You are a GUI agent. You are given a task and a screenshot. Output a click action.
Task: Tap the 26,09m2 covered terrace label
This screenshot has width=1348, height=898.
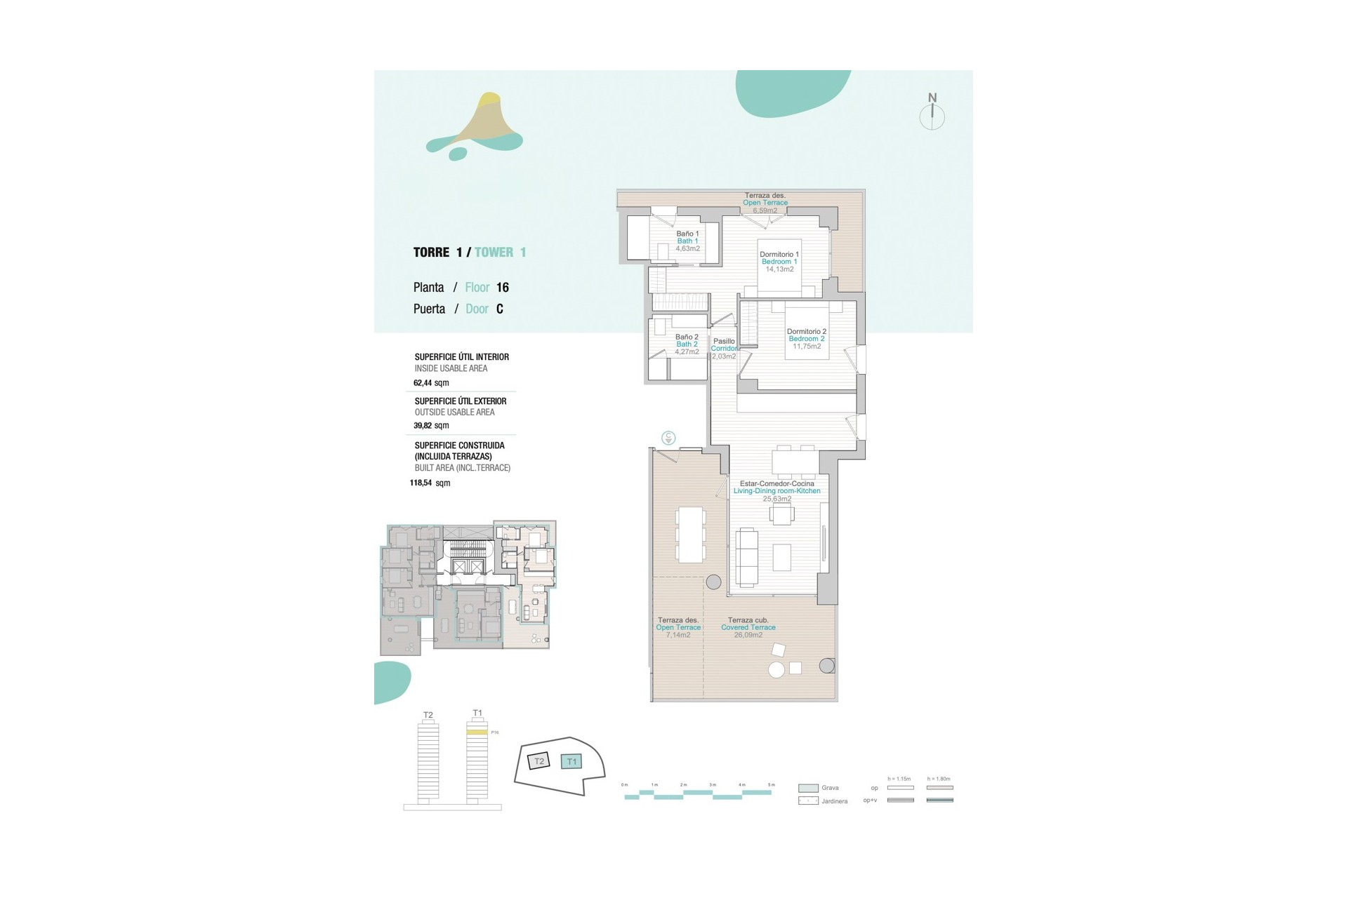[748, 635]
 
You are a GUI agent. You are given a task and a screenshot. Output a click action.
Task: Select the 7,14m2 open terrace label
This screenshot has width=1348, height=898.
[678, 635]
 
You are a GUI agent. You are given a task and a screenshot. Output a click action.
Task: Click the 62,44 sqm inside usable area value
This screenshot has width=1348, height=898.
[430, 383]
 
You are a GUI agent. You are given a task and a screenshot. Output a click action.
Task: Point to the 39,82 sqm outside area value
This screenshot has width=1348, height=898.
[430, 426]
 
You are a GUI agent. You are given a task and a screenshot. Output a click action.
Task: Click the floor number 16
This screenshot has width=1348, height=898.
[502, 288]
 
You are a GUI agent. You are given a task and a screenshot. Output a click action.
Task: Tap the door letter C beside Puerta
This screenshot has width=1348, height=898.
[499, 309]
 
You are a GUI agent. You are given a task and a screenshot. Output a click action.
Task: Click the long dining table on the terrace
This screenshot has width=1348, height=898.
[691, 534]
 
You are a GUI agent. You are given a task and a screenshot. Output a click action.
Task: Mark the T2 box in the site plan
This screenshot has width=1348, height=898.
[539, 761]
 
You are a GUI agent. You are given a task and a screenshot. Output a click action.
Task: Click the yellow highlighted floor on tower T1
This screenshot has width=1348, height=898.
[477, 732]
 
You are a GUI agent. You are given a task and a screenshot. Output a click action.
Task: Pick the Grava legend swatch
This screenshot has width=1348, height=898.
[808, 788]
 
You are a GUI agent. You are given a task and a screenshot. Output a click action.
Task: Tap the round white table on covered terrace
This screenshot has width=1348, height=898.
[776, 670]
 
